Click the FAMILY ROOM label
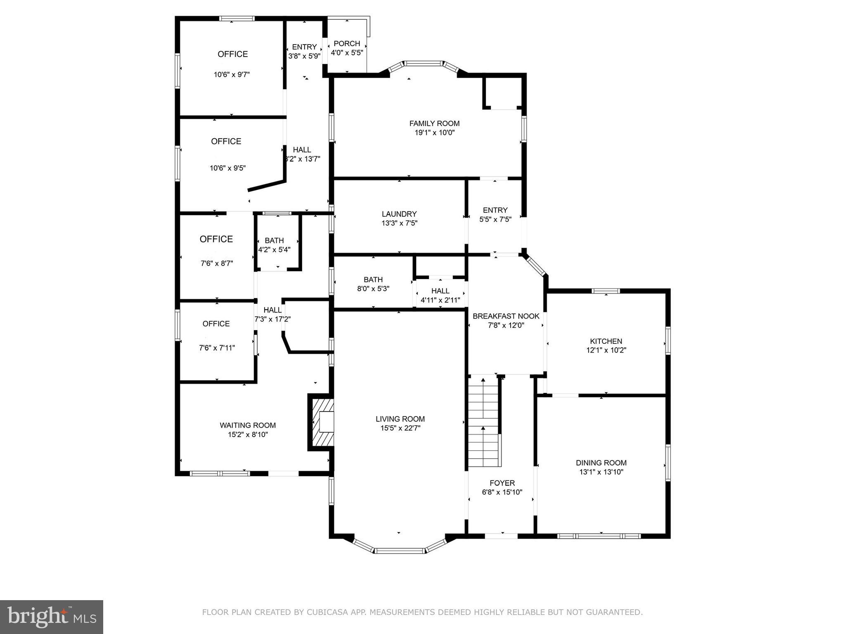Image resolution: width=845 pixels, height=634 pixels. tap(434, 123)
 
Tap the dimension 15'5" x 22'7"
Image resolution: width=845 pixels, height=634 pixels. tap(400, 428)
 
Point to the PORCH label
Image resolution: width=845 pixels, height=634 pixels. tap(347, 44)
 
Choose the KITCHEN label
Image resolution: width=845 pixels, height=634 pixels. tap(606, 341)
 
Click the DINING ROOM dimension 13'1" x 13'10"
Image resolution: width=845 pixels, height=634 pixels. tap(601, 472)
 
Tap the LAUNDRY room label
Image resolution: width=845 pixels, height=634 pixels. tap(399, 214)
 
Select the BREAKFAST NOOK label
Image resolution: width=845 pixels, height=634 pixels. tap(506, 317)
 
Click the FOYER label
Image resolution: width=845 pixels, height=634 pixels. tap(502, 483)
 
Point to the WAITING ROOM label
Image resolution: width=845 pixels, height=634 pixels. tap(248, 426)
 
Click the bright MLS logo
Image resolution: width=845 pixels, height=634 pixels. tap(51, 617)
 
